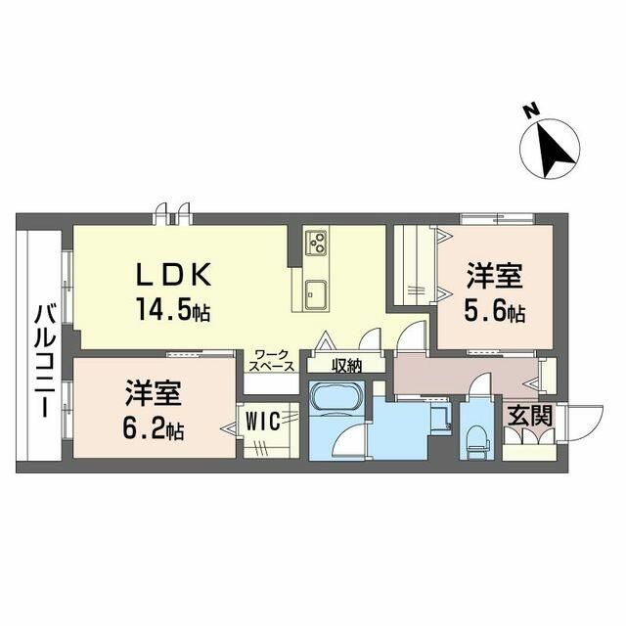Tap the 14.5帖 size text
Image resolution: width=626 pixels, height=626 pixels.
pyautogui.click(x=172, y=312)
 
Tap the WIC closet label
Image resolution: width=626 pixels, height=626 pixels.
pyautogui.click(x=262, y=422)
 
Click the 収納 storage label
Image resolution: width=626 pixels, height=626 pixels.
pyautogui.click(x=346, y=366)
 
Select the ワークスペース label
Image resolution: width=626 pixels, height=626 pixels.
pyautogui.click(x=270, y=359)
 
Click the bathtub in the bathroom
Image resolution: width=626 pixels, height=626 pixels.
pyautogui.click(x=336, y=400)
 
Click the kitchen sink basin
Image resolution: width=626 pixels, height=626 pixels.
pyautogui.click(x=316, y=291)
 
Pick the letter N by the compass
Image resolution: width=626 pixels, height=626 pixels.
pyautogui.click(x=529, y=112)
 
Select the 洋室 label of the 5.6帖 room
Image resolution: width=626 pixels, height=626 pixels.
pyautogui.click(x=494, y=276)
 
